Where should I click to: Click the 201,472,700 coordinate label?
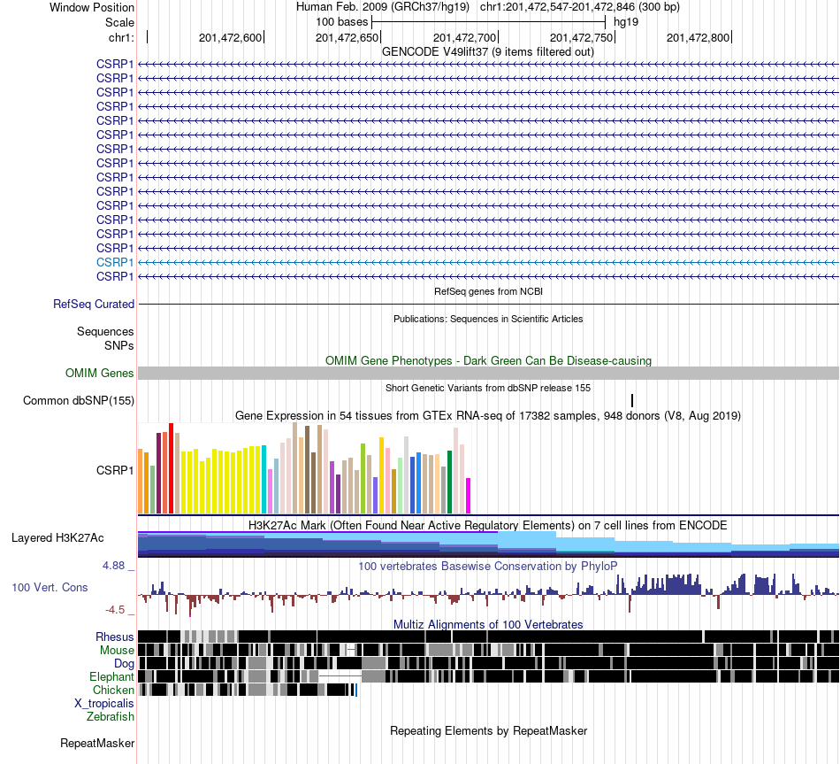click(464, 37)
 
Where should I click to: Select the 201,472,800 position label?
click(698, 37)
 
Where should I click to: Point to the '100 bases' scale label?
click(342, 22)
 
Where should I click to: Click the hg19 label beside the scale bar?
click(626, 22)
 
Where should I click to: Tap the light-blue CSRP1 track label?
click(115, 262)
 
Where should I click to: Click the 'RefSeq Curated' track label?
click(94, 305)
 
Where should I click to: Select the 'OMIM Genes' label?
click(100, 373)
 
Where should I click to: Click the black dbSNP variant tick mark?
click(632, 400)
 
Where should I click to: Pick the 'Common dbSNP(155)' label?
click(79, 401)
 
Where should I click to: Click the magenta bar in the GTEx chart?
click(469, 496)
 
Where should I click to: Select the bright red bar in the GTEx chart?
click(171, 468)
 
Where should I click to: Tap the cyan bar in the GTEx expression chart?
click(264, 479)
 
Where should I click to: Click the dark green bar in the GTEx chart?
click(449, 482)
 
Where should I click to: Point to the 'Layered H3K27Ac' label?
click(57, 538)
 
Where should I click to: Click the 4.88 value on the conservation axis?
click(113, 566)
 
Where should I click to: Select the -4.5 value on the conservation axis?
click(115, 609)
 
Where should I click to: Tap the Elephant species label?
click(111, 676)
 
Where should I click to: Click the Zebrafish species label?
click(111, 716)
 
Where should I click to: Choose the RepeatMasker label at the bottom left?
click(97, 743)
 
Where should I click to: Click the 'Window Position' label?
click(92, 7)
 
